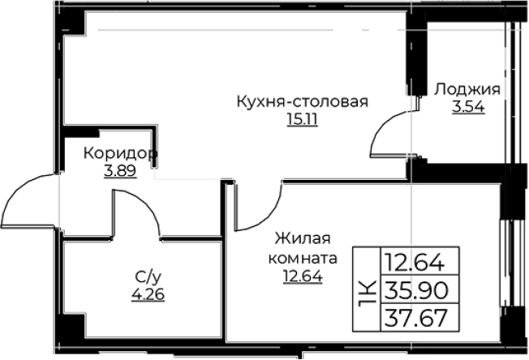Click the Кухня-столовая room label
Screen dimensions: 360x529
pyautogui.click(x=303, y=103)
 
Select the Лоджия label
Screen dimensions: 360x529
pyautogui.click(x=467, y=90)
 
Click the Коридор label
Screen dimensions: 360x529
pyautogui.click(x=119, y=153)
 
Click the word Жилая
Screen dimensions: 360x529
pyautogui.click(x=303, y=239)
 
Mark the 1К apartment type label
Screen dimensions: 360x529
pyautogui.click(x=367, y=289)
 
